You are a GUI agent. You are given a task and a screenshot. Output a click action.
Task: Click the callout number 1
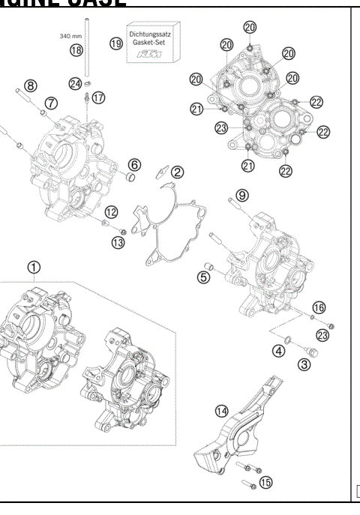(x=34, y=267)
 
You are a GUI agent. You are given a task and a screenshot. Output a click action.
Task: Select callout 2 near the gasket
(x=178, y=172)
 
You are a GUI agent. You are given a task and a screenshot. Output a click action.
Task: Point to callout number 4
(x=279, y=350)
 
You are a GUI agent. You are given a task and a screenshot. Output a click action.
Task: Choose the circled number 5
(x=203, y=277)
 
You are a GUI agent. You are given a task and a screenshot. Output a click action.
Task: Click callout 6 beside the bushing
(x=133, y=164)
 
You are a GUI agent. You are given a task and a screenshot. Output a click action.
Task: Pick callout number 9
(x=241, y=195)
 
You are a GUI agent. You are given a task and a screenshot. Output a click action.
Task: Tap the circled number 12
(x=110, y=211)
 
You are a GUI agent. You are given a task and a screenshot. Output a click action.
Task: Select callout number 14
(x=220, y=411)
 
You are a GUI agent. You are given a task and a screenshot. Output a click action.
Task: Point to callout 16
(x=319, y=308)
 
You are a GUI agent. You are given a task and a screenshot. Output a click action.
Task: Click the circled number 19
(x=115, y=44)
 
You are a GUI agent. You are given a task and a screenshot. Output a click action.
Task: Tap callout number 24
(x=75, y=84)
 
